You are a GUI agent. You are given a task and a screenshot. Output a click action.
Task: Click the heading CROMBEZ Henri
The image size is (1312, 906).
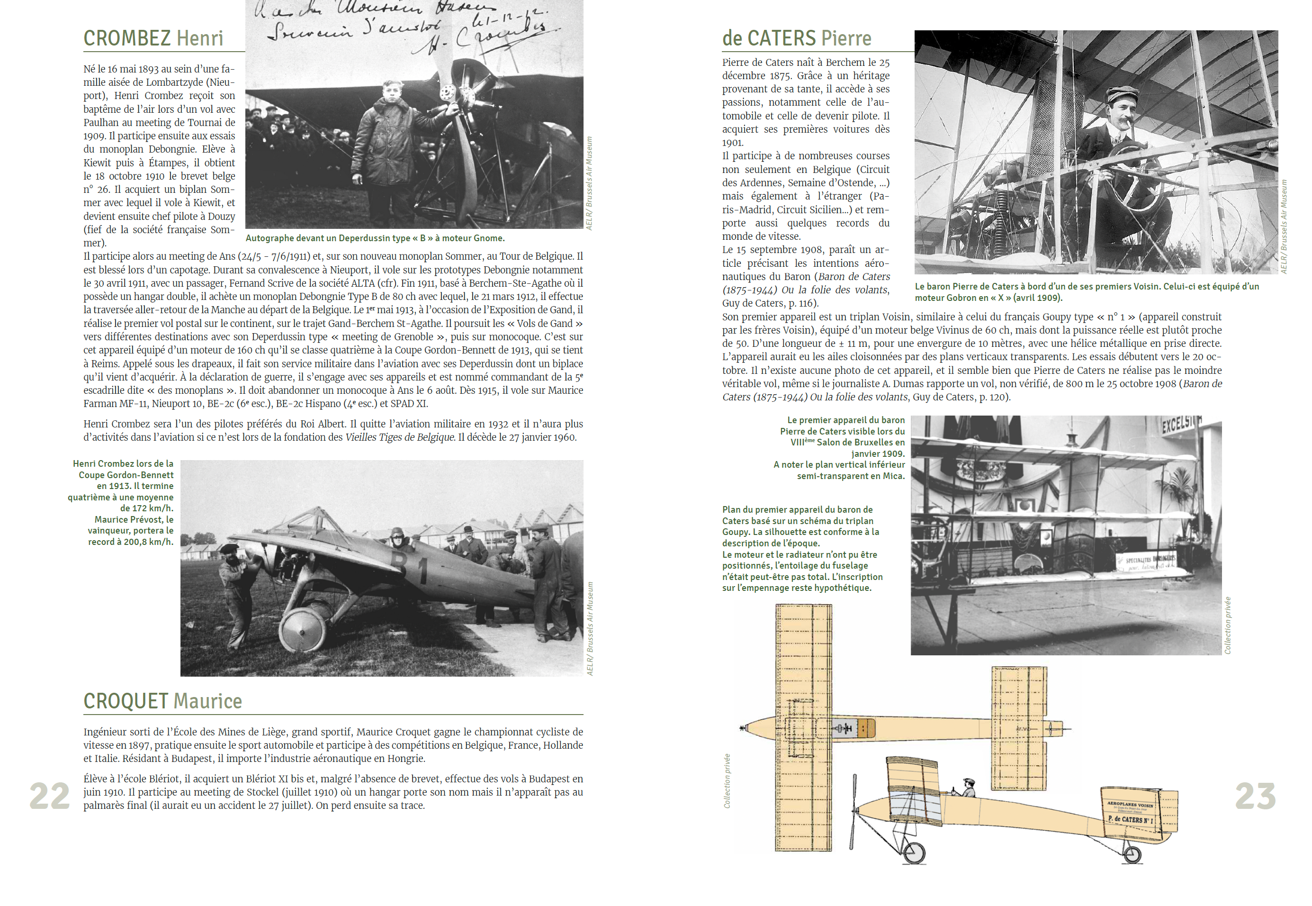(x=153, y=38)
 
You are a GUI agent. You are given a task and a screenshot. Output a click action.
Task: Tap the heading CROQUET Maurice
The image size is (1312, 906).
(x=162, y=701)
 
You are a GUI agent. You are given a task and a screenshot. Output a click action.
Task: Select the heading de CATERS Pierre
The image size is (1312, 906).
(x=796, y=38)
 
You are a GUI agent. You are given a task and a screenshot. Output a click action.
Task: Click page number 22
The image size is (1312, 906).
(x=49, y=796)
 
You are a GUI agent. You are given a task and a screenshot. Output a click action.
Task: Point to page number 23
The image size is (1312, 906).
(x=1255, y=796)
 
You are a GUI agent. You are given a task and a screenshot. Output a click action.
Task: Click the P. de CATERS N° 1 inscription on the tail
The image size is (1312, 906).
(x=1130, y=820)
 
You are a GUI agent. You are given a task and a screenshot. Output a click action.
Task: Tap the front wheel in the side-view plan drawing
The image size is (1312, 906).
(x=914, y=852)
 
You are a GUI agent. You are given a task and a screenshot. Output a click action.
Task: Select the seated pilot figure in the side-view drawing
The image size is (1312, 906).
(x=967, y=787)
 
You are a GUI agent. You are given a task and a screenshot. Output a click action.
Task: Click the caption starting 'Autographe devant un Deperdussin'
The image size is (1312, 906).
(x=375, y=238)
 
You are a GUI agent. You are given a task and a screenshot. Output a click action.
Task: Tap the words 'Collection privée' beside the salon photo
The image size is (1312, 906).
(x=1227, y=625)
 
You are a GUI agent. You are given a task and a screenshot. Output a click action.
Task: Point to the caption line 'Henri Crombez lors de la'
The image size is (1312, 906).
(x=123, y=464)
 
